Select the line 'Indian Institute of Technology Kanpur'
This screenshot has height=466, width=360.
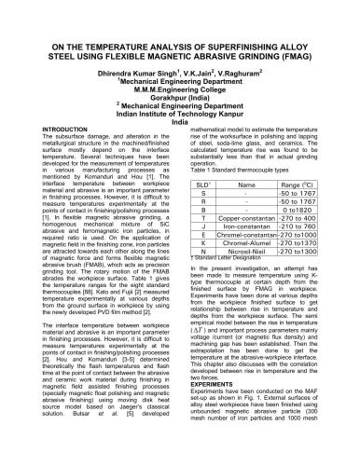point(180,139)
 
